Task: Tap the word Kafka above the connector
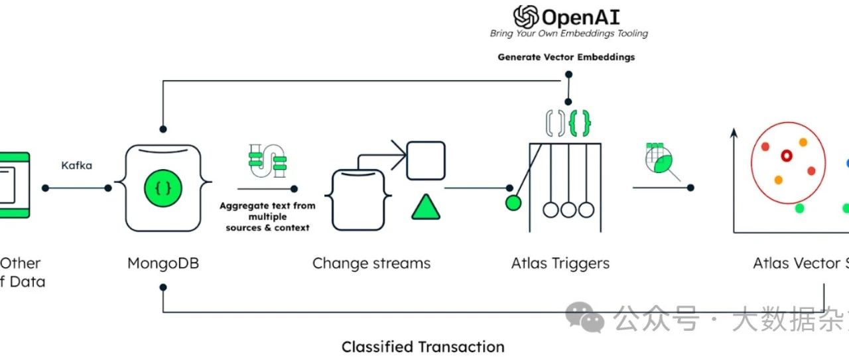coord(76,165)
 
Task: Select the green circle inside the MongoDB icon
coord(163,188)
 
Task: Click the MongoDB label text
coord(163,263)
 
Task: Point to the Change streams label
coord(371,263)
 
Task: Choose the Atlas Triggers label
coord(560,263)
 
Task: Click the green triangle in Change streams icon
coord(426,208)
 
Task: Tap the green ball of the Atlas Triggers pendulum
coord(513,203)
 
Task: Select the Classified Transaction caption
coord(423,347)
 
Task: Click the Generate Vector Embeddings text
coord(566,57)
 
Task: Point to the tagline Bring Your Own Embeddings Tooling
coord(569,33)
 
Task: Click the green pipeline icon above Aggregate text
coord(266,161)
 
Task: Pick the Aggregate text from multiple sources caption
coord(267,217)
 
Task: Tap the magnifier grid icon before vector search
coord(659,161)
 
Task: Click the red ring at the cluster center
coord(787,156)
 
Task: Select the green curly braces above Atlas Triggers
coord(580,123)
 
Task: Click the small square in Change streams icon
coord(425,160)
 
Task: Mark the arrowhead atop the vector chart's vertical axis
coord(734,135)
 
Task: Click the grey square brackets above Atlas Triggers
coord(555,123)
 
